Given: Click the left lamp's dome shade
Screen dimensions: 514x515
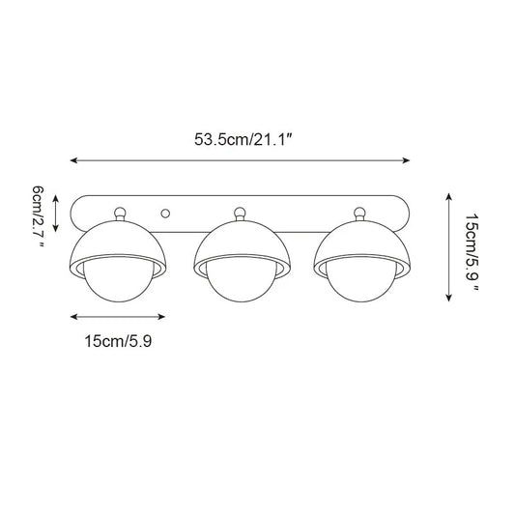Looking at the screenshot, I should click(121, 243).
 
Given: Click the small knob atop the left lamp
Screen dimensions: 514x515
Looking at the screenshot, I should click(121, 212).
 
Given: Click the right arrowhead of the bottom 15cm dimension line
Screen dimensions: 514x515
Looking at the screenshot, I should click(167, 316).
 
